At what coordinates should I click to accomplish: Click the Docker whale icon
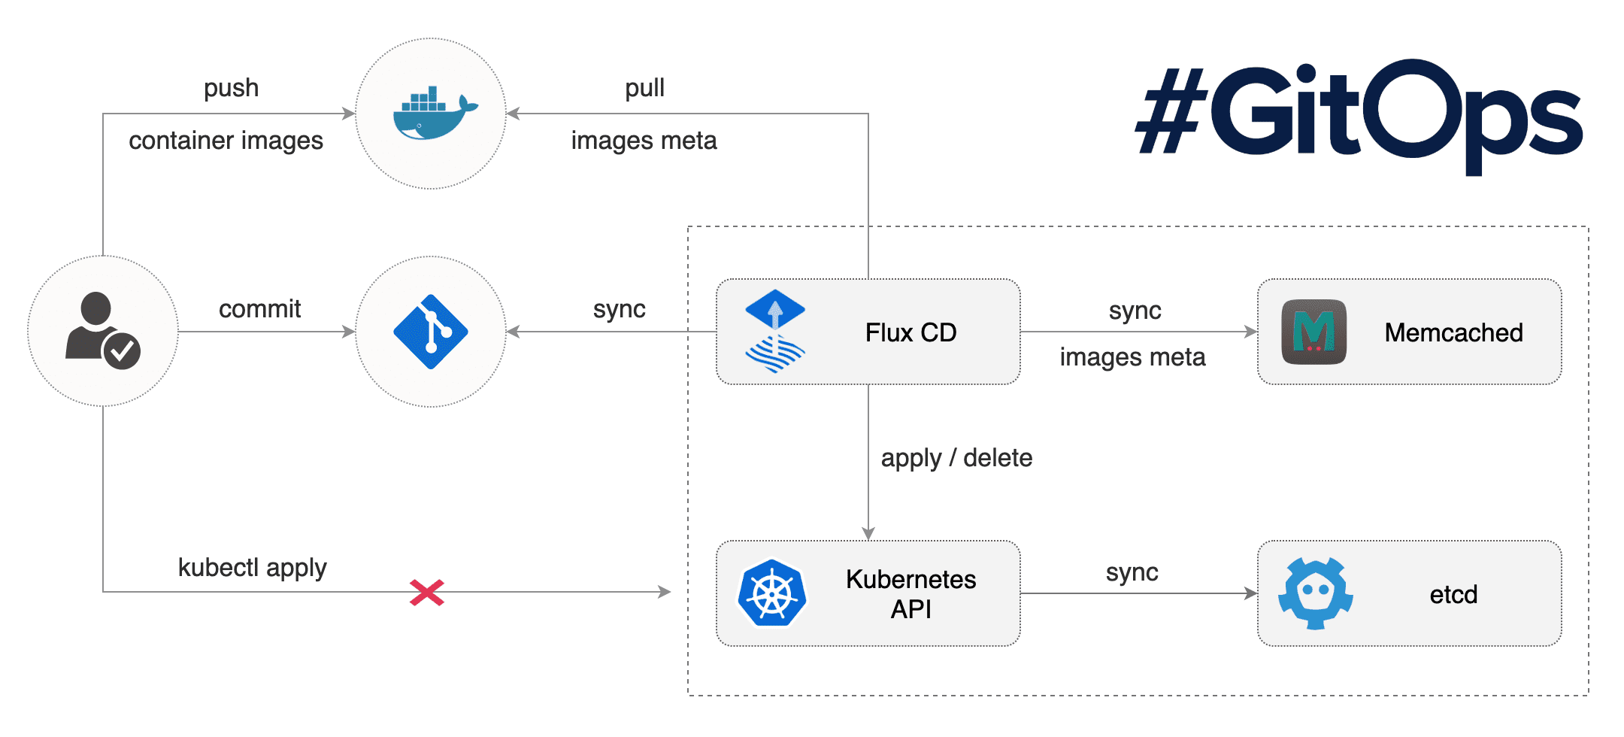tap(434, 114)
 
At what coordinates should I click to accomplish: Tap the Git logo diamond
tap(431, 332)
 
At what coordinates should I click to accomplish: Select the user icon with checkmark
tap(103, 331)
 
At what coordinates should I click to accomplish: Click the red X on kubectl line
tap(427, 593)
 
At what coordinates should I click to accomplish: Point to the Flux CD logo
tap(775, 331)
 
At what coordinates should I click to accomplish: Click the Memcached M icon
tap(1313, 332)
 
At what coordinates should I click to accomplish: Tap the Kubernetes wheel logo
tap(772, 593)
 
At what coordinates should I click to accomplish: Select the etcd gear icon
tap(1315, 593)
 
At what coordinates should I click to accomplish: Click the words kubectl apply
tap(253, 567)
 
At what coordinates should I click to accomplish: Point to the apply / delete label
tap(956, 457)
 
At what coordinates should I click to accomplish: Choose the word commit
tap(259, 308)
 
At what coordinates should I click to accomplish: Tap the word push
tap(231, 88)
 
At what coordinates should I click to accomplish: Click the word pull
tap(644, 88)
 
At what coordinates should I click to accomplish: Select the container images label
tap(226, 141)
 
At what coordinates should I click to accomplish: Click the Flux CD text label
tap(910, 332)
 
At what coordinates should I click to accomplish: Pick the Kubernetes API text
tap(910, 593)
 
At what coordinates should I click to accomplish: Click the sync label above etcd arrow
tap(1132, 572)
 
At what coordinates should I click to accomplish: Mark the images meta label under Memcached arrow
tap(1132, 356)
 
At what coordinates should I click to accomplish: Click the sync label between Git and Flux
tap(619, 308)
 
